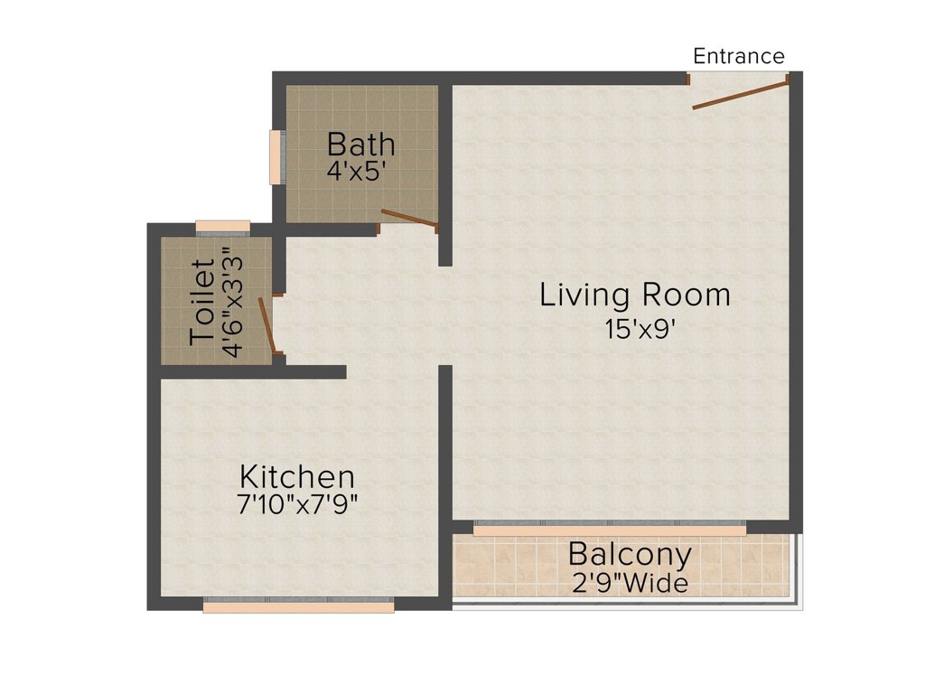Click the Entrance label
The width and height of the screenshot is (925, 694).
click(739, 56)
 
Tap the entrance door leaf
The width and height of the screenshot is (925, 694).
click(741, 96)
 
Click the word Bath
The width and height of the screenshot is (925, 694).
click(360, 144)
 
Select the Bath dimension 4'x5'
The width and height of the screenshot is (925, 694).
click(356, 172)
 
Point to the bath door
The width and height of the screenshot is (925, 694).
click(409, 218)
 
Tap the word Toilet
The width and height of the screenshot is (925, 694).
click(202, 302)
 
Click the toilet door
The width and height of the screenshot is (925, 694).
click(266, 325)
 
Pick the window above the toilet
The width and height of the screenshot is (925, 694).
click(222, 228)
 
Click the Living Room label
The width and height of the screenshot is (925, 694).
click(635, 295)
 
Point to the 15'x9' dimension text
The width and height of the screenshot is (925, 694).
click(640, 329)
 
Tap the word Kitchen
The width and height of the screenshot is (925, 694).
click(297, 476)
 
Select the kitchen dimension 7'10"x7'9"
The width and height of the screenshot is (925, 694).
click(297, 505)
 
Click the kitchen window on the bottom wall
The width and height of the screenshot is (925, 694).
click(298, 605)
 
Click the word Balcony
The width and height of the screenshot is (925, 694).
click(630, 555)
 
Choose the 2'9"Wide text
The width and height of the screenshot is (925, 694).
click(630, 583)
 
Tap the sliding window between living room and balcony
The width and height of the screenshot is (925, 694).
click(610, 528)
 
